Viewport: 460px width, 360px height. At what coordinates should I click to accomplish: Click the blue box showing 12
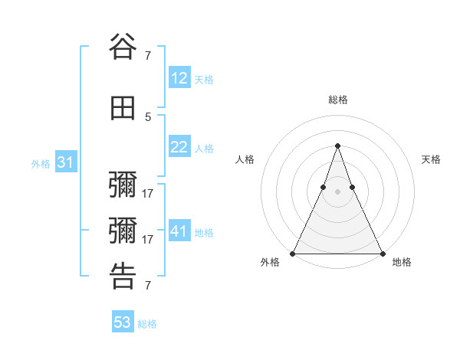point(179,78)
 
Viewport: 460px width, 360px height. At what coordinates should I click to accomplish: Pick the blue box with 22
point(179,148)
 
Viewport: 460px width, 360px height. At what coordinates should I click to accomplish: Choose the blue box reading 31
point(66,163)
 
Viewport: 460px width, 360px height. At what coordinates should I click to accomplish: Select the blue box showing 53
point(123,322)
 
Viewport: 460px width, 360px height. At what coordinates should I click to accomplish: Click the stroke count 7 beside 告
point(148,285)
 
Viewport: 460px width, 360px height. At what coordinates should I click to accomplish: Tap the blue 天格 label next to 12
point(204,80)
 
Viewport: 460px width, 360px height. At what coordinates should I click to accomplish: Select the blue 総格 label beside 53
point(147,324)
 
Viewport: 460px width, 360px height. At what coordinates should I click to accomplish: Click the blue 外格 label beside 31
point(41,164)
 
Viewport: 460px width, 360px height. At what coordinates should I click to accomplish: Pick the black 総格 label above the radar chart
point(337,100)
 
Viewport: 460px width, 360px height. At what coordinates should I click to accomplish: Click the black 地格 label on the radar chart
point(402,263)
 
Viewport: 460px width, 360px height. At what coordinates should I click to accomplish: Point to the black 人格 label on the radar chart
point(245,159)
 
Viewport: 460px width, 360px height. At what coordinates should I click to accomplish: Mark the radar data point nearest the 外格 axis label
point(293,253)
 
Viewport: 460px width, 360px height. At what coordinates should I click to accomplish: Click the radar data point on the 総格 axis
point(337,146)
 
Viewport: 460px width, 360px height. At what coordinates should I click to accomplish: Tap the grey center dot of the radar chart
point(337,191)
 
